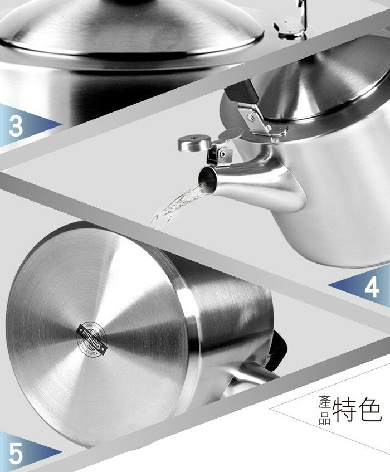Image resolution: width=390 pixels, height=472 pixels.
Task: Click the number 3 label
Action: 16,126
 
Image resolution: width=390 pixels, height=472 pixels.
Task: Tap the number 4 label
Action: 372,287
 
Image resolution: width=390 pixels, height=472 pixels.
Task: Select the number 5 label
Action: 16,452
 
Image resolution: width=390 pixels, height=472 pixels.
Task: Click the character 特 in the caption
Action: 348,411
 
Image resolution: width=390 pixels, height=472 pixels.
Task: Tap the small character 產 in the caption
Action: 325,405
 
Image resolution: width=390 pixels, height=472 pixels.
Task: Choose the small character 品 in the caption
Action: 325,419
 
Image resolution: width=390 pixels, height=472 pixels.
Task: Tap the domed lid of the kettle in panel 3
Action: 128,28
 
